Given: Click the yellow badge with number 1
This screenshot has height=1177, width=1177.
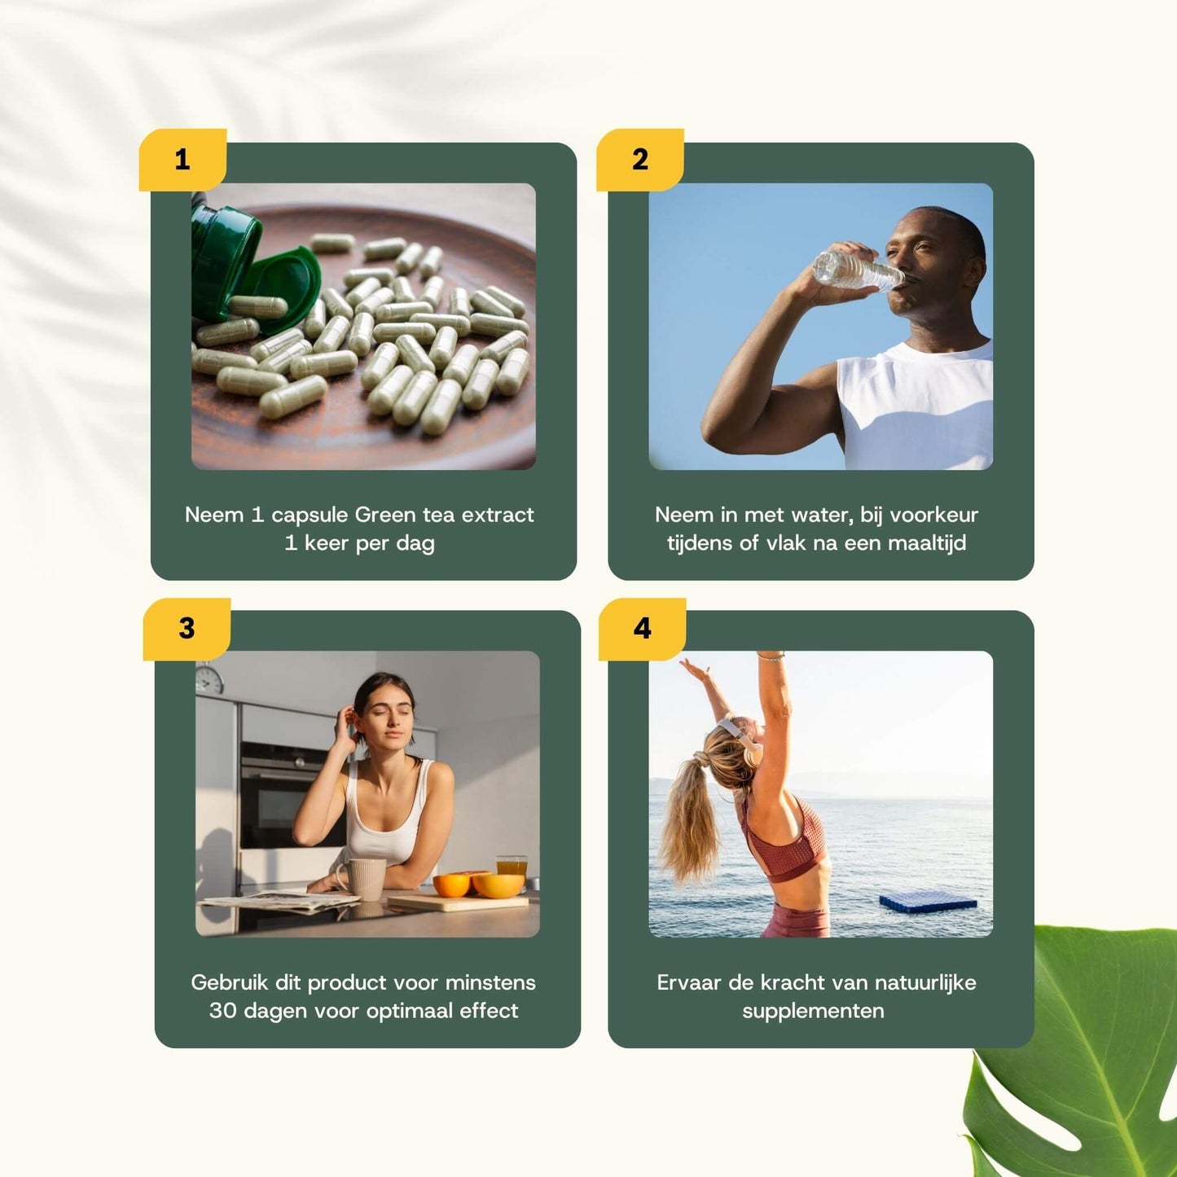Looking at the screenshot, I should point(182,160).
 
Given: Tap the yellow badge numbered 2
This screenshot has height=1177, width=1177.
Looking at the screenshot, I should point(640,160).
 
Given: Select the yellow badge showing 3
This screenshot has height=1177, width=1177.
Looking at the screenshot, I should point(187,628).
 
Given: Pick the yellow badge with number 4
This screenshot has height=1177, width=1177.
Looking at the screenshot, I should point(642,628).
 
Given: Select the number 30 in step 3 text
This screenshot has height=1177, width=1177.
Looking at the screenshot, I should point(222,1011).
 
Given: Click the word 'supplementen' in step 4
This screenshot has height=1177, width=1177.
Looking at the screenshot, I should point(813,1011).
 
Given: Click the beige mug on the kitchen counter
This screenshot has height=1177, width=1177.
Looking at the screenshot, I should point(364,879).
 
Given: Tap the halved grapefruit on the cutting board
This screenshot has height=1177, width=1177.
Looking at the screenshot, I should point(497,885).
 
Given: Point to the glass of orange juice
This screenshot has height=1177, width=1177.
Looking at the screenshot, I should point(512,867).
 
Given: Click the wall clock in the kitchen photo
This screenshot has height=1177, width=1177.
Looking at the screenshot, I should point(209,679).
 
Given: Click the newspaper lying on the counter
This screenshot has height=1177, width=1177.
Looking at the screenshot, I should point(277,901).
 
